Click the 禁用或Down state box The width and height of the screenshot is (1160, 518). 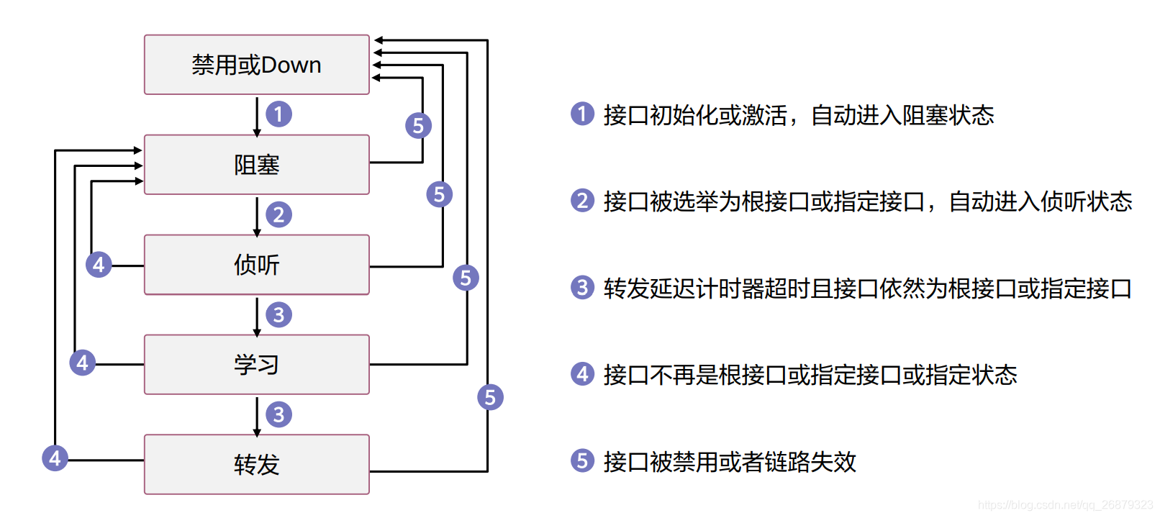click(x=256, y=65)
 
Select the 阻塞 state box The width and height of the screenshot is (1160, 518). click(x=256, y=165)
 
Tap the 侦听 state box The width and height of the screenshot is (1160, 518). click(x=256, y=265)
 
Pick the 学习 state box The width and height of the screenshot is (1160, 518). click(x=256, y=365)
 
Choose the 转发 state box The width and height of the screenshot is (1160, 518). click(x=256, y=464)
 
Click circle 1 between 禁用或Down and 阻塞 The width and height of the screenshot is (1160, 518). click(x=278, y=114)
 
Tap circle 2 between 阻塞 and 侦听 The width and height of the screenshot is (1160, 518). click(x=278, y=214)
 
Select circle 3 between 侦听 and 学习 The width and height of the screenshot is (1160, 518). click(x=278, y=314)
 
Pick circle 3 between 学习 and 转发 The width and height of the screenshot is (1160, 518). click(x=278, y=414)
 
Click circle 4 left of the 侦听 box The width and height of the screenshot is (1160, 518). click(x=99, y=265)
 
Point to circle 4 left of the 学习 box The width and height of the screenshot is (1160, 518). click(x=82, y=362)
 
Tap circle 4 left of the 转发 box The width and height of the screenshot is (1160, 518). click(x=55, y=458)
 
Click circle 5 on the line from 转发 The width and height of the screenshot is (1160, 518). click(x=490, y=397)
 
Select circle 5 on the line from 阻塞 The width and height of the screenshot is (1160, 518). click(x=418, y=126)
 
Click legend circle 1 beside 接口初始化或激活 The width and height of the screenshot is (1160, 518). click(x=582, y=114)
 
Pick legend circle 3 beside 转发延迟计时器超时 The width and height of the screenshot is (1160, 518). click(x=582, y=288)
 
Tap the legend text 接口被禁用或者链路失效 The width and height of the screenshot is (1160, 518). click(x=730, y=462)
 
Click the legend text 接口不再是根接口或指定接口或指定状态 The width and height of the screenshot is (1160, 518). click(x=810, y=375)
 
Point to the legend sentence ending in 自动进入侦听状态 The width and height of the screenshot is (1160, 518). click(x=868, y=201)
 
